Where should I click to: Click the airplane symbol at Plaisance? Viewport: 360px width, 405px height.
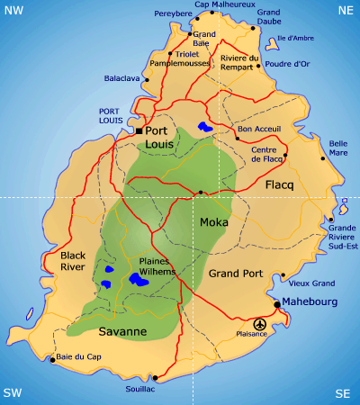[x=260, y=323]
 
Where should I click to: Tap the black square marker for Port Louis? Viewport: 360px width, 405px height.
[x=139, y=131]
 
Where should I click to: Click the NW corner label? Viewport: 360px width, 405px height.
[x=13, y=9]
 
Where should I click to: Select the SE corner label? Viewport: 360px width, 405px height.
[x=343, y=393]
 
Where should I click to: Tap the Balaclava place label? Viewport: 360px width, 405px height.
[x=122, y=78]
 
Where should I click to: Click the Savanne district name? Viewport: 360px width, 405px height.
[x=122, y=332]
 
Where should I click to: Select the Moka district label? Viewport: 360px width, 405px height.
[x=214, y=221]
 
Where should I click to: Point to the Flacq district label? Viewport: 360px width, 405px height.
[x=280, y=184]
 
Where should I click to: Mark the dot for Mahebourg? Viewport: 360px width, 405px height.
[x=276, y=304]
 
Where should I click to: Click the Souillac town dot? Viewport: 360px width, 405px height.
[x=156, y=377]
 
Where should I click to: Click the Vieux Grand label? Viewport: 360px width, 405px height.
[x=311, y=283]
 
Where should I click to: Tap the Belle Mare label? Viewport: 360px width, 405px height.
[x=339, y=148]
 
